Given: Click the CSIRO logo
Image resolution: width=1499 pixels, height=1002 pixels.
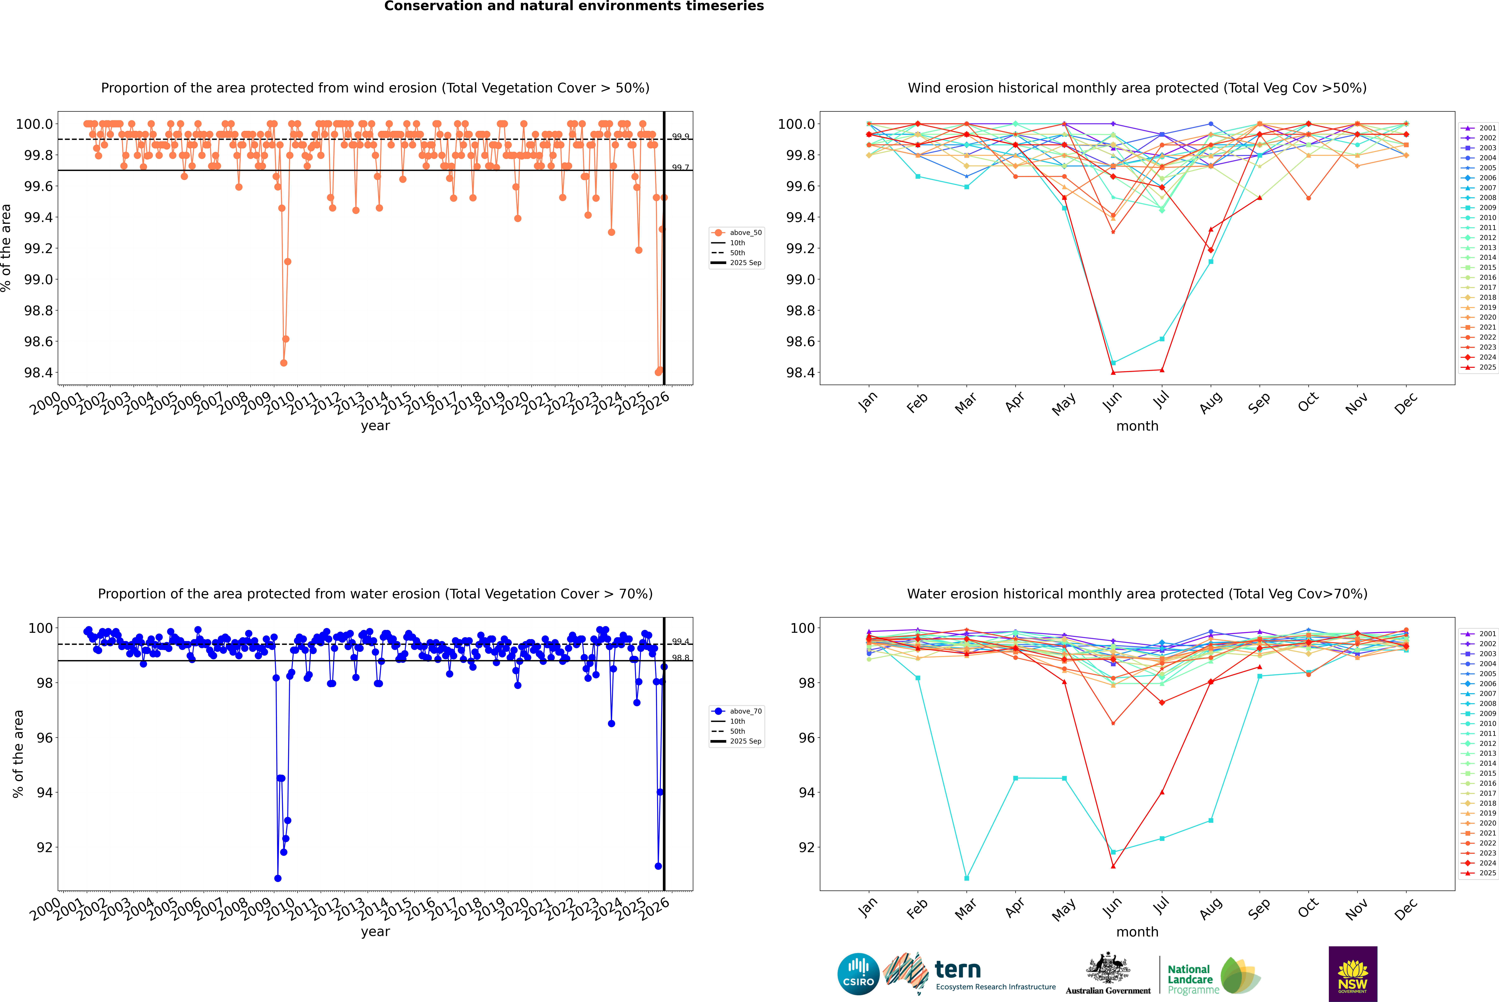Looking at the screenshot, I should point(858,974).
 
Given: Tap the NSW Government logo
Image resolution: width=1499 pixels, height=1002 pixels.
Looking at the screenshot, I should point(1353,974).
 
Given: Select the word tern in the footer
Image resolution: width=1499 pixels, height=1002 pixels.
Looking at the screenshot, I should point(957,969).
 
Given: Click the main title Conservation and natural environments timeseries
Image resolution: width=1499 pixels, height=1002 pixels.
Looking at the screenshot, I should point(574,6).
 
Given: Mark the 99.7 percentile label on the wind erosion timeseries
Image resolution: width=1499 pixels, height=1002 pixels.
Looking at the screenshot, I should point(680,167).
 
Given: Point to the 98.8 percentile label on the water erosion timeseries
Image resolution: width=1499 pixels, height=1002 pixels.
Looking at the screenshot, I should point(680,658).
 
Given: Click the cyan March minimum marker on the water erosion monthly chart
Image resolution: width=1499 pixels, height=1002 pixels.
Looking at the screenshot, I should point(966,878).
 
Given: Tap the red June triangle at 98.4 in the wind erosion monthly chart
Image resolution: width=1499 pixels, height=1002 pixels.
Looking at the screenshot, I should point(1113,373).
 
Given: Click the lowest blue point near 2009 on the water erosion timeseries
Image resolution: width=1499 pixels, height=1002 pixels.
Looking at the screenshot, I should point(277,878).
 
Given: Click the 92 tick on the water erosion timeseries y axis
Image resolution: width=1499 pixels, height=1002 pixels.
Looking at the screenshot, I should point(45,847).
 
